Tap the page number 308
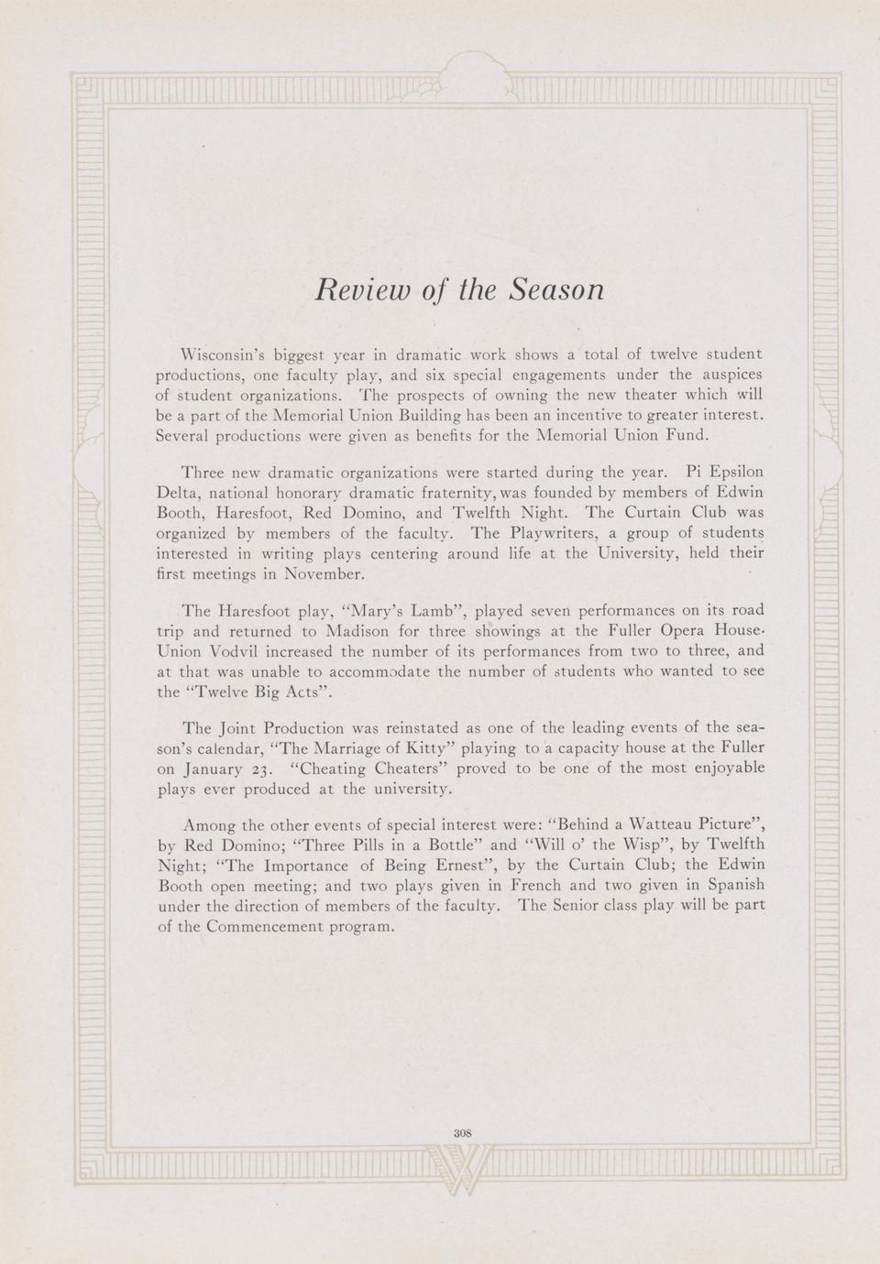pos(462,1132)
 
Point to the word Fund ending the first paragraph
pos(689,435)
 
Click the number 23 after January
pos(263,769)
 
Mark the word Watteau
pos(638,823)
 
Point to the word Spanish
pos(731,885)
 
